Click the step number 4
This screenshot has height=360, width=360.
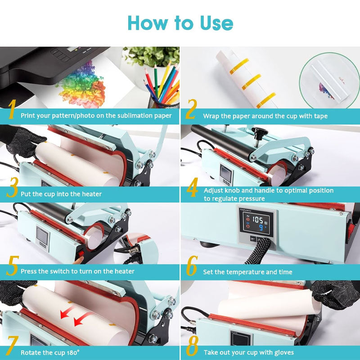tap(192, 189)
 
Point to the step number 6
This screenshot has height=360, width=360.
tap(192, 268)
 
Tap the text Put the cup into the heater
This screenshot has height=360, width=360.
tap(61, 194)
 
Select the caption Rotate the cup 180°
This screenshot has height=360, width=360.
tap(50, 352)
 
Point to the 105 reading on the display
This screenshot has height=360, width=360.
tap(258, 220)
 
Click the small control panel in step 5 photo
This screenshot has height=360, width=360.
tap(43, 236)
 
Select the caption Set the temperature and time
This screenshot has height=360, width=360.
tap(247, 272)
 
